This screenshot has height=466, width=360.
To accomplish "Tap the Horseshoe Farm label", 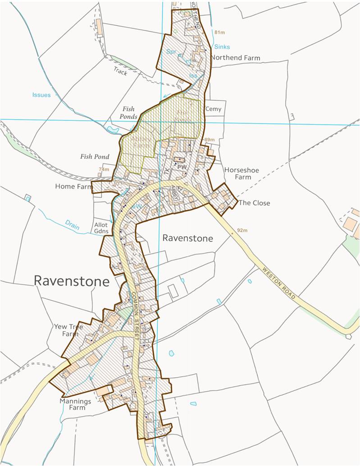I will [x=237, y=173].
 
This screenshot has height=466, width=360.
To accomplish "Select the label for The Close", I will [x=255, y=203].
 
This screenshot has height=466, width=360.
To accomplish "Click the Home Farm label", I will [x=73, y=186].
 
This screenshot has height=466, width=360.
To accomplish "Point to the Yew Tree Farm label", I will [x=68, y=330].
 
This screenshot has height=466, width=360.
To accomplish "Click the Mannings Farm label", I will [x=75, y=404].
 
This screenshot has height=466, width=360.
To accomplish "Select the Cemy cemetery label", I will [x=213, y=109].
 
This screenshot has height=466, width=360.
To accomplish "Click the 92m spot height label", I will [x=242, y=231].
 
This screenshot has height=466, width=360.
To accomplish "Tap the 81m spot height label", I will [x=219, y=33].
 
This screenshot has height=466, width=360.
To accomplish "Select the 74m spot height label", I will [x=104, y=169].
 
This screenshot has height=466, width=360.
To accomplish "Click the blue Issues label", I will [x=41, y=95].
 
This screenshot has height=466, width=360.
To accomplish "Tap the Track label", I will [x=120, y=72].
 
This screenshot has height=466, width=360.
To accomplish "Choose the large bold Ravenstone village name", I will [x=72, y=281].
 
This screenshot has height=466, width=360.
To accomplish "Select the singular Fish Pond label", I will [x=95, y=157].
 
